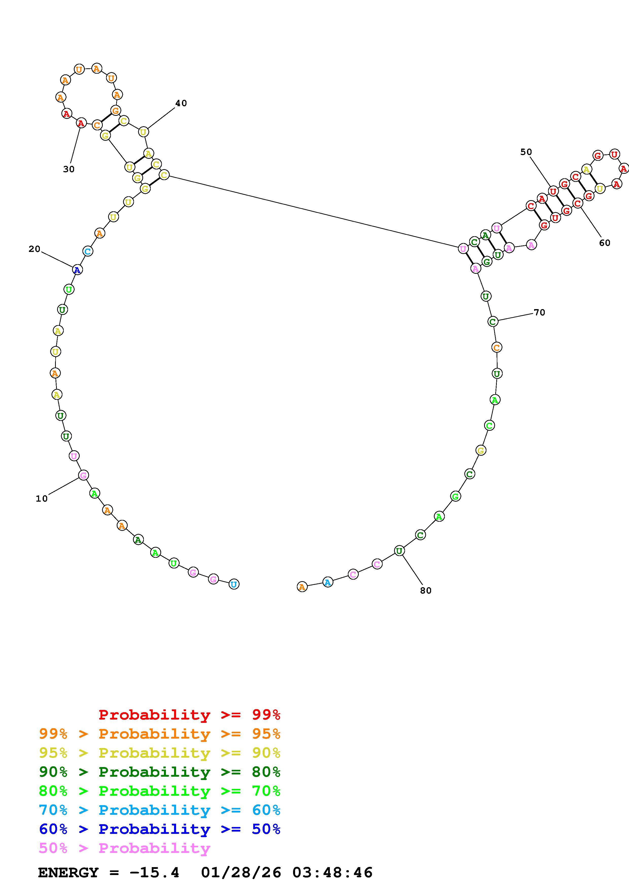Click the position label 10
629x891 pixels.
41,499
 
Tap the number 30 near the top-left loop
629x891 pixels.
69,169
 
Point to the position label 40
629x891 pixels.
181,103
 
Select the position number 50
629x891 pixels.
526,152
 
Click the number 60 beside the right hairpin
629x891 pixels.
605,243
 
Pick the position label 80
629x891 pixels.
426,591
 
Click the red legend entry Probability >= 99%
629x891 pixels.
190,715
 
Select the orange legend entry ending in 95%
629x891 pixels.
160,734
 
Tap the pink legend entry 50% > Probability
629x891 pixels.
124,848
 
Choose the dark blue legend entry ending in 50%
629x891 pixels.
160,829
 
